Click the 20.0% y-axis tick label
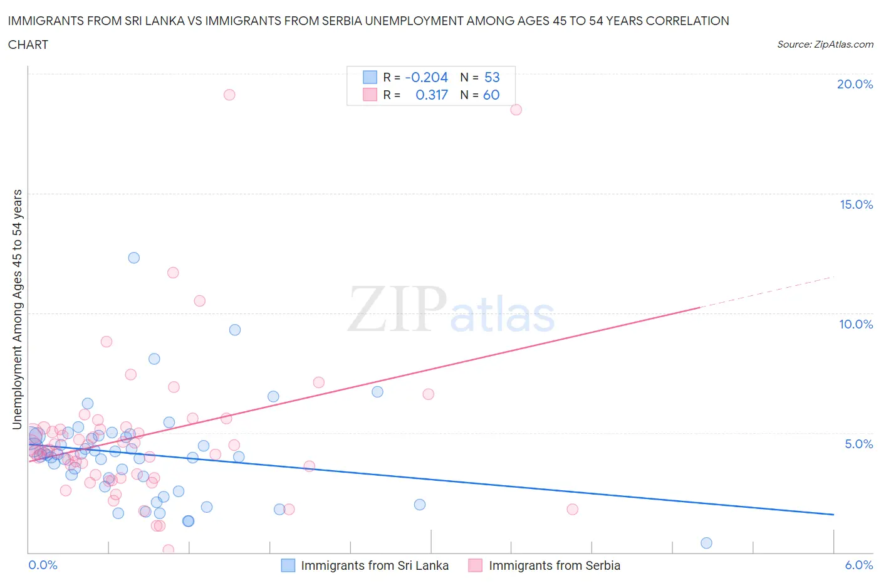tap(855, 84)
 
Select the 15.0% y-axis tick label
tap(856, 204)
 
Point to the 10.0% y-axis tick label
tap(856, 324)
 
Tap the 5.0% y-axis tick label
tap(858, 444)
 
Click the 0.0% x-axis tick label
tap(43, 565)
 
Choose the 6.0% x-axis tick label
tap(858, 565)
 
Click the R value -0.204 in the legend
tap(426, 77)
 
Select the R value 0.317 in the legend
tap(432, 95)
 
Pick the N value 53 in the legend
tap(492, 77)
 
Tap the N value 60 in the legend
tap(491, 95)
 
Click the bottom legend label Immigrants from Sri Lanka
tap(375, 565)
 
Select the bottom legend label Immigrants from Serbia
tap(554, 565)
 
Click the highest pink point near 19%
tap(229, 95)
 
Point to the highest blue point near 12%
tap(133, 258)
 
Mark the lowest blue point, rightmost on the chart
tap(706, 543)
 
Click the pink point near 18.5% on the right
tap(516, 110)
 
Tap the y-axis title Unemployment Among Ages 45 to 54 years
tap(17, 309)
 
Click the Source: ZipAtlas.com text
tap(825, 45)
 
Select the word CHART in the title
tap(28, 45)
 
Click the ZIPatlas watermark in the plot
tap(451, 310)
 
